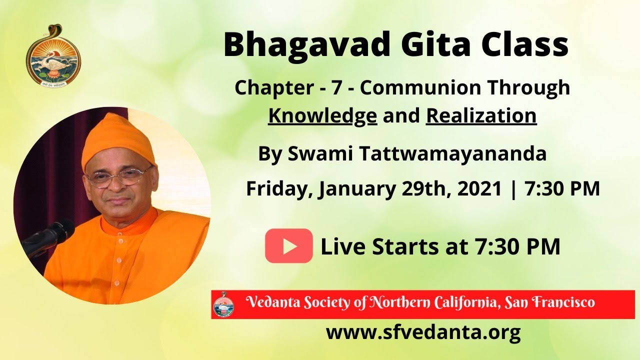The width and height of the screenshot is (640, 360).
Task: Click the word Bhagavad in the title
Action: point(306,44)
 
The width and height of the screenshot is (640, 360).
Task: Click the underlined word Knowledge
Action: point(322,115)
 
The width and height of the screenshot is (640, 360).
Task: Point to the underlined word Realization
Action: point(481,115)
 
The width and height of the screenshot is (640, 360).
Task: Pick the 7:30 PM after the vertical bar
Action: point(562,189)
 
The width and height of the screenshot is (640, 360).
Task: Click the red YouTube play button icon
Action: point(288,246)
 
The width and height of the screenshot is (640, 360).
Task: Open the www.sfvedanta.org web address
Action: point(423,332)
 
